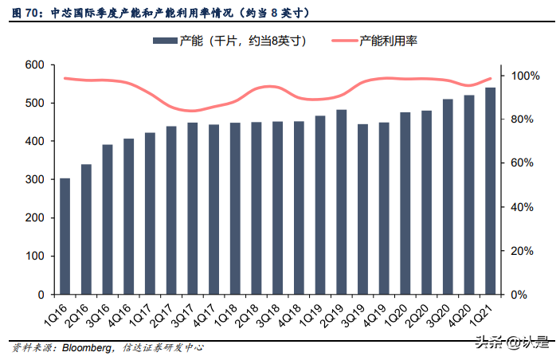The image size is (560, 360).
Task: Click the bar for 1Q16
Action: tap(65, 237)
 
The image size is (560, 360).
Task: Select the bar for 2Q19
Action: tap(342, 202)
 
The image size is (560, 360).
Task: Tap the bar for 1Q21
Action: tap(491, 191)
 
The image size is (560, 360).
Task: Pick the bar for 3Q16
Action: tap(108, 220)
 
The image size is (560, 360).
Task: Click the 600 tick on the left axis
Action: tap(35, 65)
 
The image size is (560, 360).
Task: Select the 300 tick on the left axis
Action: tap(35, 180)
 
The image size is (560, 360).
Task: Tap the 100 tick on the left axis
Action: tap(35, 256)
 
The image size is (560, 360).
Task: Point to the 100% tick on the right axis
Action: tap(525, 76)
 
